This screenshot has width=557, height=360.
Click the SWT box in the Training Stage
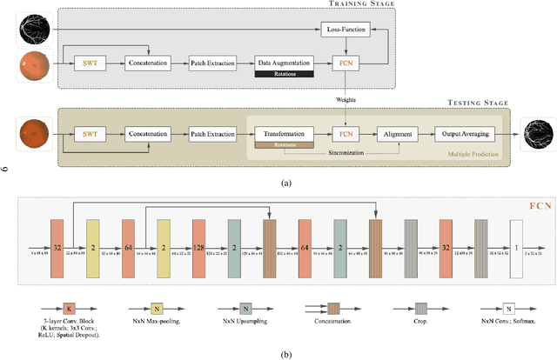[90, 63]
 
